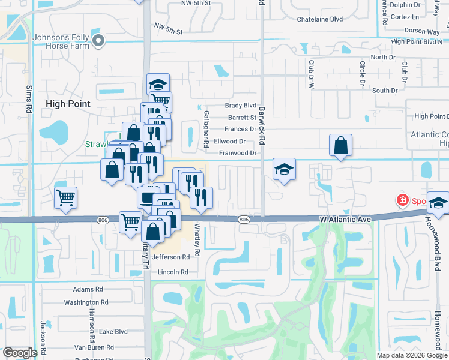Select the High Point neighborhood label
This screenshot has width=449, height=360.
[68, 104]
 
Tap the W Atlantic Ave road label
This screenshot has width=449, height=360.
[345, 220]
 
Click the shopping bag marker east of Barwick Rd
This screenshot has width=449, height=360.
[340, 145]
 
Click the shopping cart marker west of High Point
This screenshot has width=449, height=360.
[65, 197]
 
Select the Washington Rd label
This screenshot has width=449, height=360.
[86, 303]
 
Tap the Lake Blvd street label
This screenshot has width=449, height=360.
[113, 331]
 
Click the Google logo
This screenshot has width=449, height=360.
[20, 353]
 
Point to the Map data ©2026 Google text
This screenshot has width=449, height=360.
[412, 355]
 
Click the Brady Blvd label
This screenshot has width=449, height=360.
[240, 106]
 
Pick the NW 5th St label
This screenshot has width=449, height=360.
[167, 28]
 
